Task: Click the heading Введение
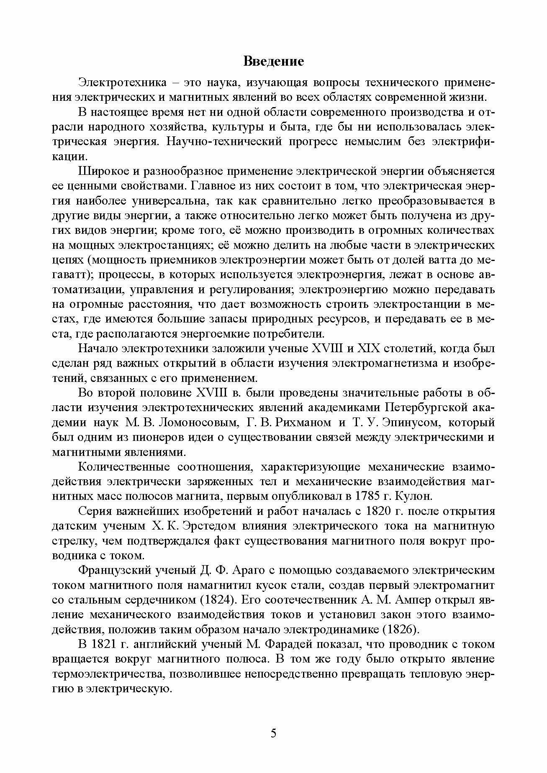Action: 273,62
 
